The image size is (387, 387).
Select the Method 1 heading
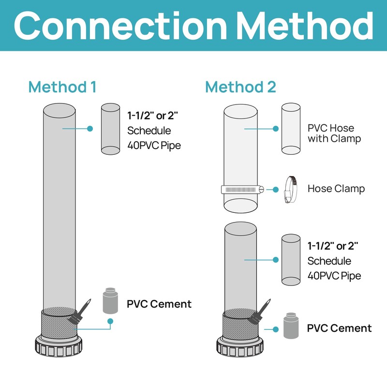coord(62,87)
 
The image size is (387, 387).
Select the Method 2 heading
coord(240,87)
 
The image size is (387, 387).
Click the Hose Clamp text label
coord(336,189)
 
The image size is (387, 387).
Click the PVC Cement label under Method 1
coord(159,304)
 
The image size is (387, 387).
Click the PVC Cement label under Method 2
coord(339,328)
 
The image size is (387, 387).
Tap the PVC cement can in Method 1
coord(110,301)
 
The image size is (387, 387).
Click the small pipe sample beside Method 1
coord(110,129)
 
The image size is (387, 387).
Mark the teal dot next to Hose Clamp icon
coord(275,189)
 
